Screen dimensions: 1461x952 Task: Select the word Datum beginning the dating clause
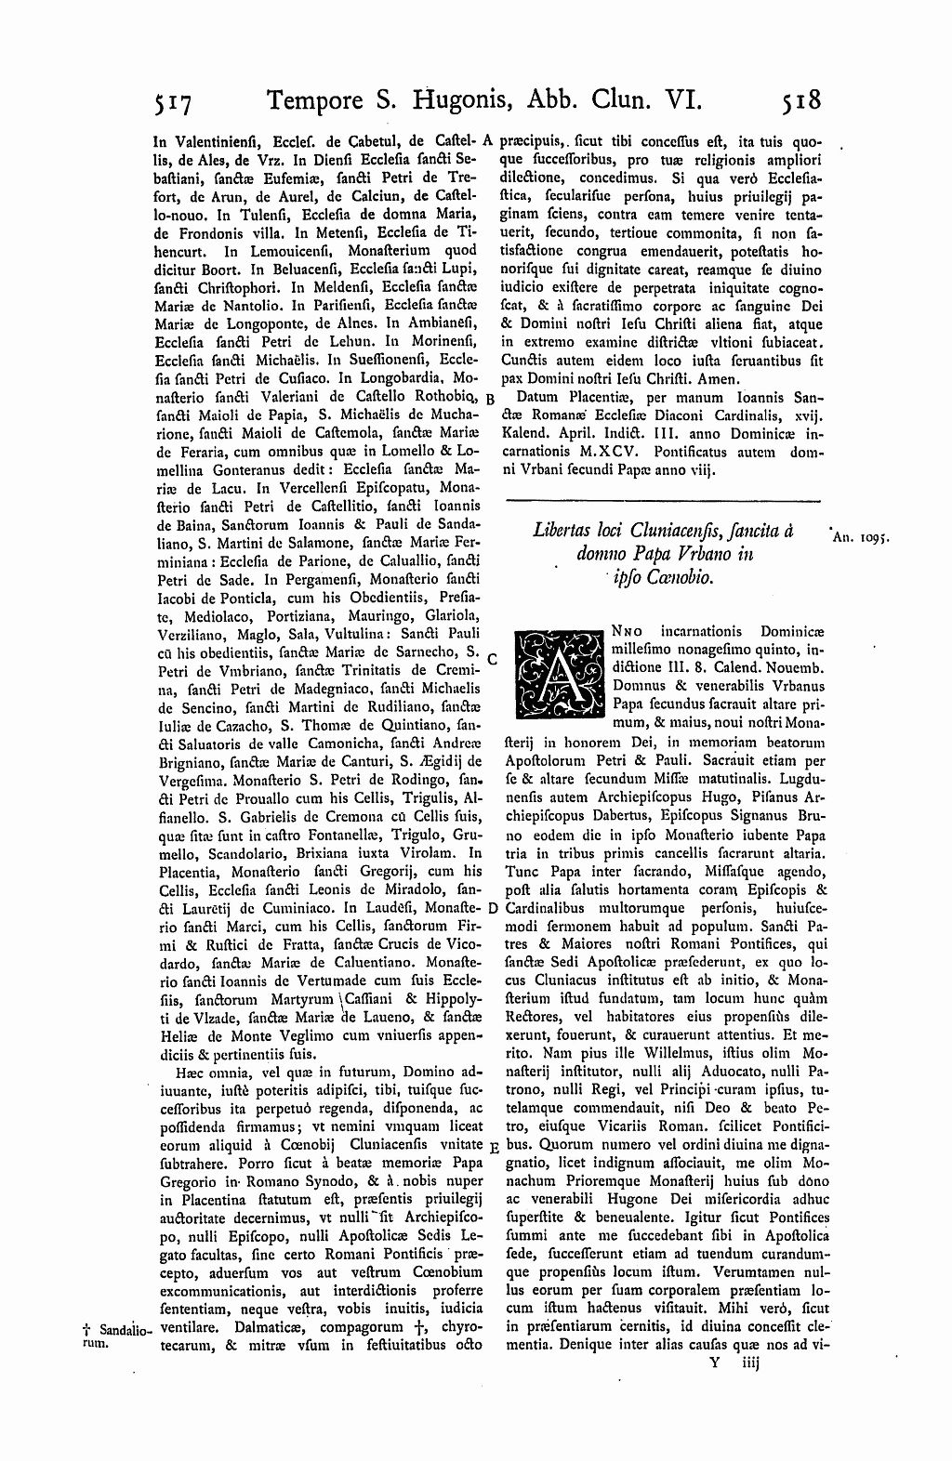(540, 397)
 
